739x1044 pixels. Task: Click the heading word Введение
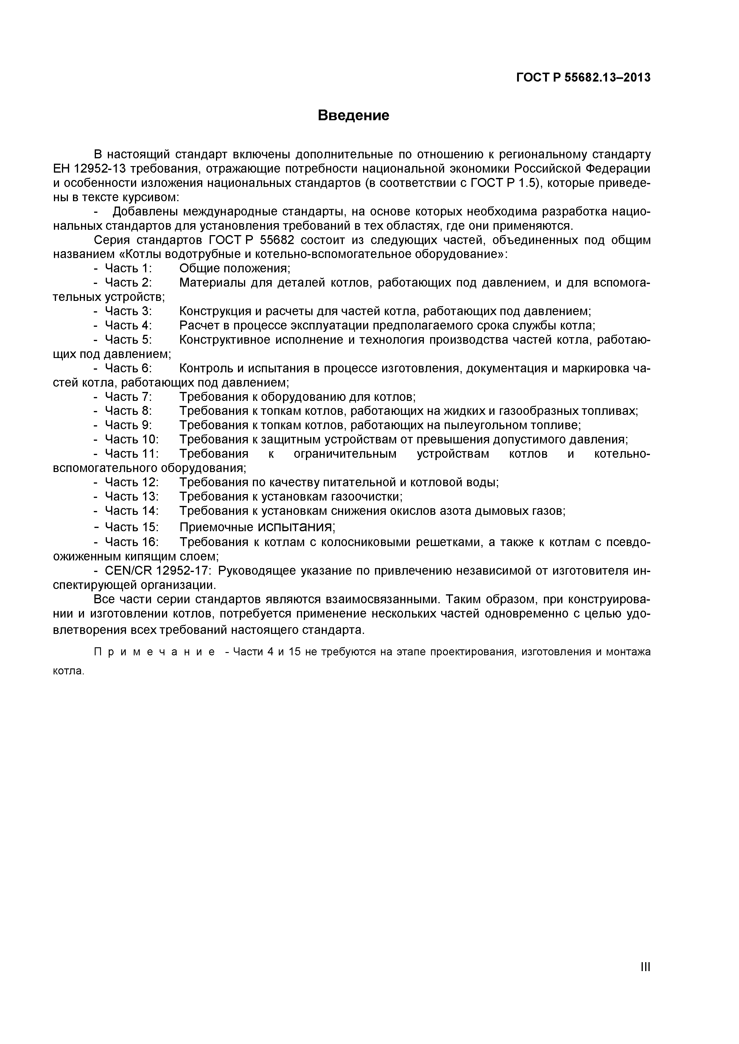coord(353,115)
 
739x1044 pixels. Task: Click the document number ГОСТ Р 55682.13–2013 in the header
coord(584,78)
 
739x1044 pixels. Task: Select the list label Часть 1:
coord(128,268)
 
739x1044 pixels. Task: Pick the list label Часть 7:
coord(128,397)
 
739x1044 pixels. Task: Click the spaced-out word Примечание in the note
coord(154,652)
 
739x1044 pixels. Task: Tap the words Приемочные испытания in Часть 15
coord(257,527)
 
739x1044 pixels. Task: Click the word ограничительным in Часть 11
coord(345,454)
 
